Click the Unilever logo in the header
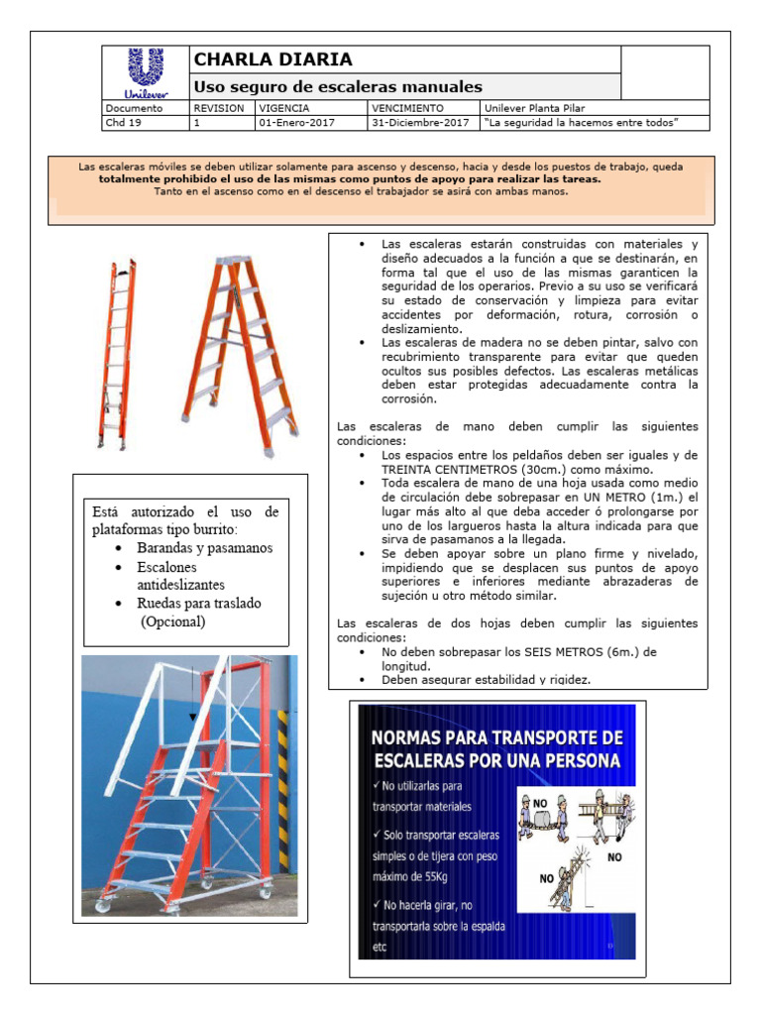tap(146, 72)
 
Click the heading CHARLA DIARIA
tap(272, 60)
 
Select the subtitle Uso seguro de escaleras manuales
tap(337, 87)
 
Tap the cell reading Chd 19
tap(123, 123)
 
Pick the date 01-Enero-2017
tap(296, 123)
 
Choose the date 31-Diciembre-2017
tap(419, 123)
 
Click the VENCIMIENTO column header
tap(407, 107)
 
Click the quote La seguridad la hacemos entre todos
tap(581, 123)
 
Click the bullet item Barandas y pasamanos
tap(205, 548)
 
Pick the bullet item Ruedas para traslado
tap(199, 603)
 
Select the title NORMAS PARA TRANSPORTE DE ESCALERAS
tap(496, 749)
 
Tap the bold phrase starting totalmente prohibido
tap(350, 179)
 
